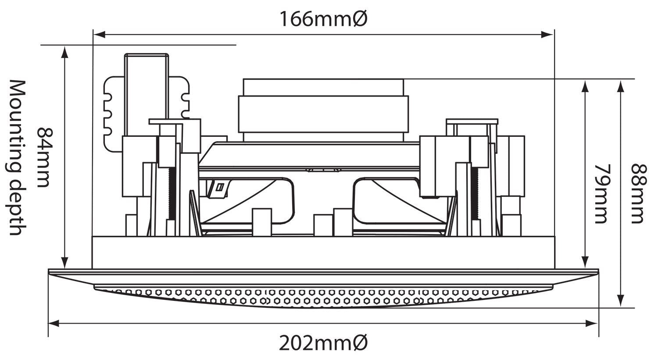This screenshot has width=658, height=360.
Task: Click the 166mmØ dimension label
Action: [323, 19]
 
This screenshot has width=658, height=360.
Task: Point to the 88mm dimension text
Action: [639, 194]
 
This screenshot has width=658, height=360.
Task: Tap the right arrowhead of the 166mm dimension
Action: [547, 35]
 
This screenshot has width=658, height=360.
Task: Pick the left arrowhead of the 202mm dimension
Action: [54, 324]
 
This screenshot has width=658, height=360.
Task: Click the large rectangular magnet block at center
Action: [323, 114]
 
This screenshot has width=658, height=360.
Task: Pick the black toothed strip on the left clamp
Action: [172, 194]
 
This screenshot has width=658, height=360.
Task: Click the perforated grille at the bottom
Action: [323, 297]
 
